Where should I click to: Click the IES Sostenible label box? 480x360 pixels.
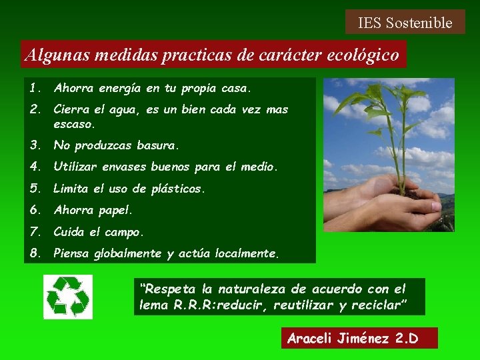pos(405,23)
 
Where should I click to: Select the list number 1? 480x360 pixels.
pos(35,88)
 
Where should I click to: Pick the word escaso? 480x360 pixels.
pos(73,124)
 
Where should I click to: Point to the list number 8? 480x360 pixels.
pos(35,253)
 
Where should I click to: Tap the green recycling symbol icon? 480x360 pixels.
pos(67,297)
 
